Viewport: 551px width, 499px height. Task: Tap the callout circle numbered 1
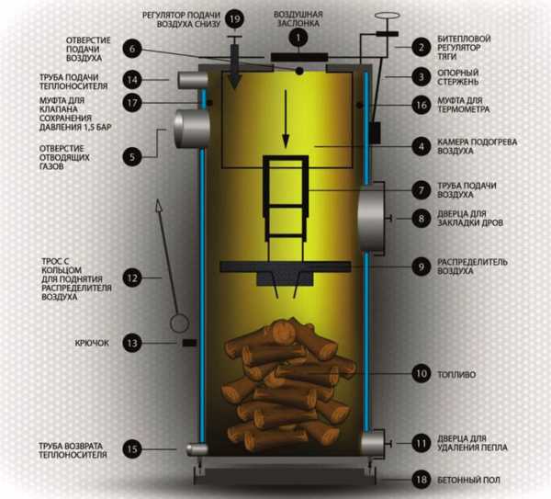[x=297, y=38]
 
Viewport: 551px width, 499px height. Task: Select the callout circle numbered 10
[x=421, y=374]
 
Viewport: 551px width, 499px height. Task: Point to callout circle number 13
[x=134, y=343]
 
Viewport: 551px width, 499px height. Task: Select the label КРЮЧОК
[x=92, y=343]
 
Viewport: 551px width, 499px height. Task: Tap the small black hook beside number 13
[x=187, y=343]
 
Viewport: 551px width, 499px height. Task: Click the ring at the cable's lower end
[x=179, y=323]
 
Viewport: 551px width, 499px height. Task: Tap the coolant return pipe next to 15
[x=195, y=449]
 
